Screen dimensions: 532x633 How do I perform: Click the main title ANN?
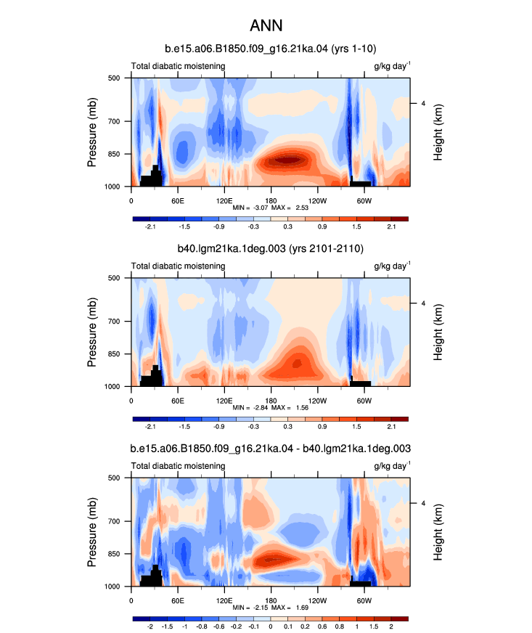266,25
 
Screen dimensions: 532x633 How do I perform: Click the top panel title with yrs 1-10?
271,49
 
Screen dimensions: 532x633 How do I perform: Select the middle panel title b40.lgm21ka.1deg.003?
232,248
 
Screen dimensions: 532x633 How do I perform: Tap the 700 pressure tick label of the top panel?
114,121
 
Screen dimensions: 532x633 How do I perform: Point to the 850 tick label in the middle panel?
114,354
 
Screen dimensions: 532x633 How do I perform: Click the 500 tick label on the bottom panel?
114,478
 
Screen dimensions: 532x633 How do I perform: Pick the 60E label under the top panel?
178,200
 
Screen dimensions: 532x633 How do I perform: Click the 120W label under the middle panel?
317,401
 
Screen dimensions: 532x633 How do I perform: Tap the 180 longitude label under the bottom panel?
271,601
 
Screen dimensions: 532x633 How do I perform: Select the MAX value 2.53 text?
302,208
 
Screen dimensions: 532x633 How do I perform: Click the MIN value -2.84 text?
261,408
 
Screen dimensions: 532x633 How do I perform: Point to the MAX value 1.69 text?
302,608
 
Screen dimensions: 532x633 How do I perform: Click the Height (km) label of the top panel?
438,132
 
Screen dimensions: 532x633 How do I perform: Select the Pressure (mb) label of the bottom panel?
92,532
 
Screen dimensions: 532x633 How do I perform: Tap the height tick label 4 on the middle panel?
423,303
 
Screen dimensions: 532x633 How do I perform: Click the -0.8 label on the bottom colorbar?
202,626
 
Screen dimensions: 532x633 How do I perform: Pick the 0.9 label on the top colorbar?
322,227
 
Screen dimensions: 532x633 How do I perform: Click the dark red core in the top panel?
288,160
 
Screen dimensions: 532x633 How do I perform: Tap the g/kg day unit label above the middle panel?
392,266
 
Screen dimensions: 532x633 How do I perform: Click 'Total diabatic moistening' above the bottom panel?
178,466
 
